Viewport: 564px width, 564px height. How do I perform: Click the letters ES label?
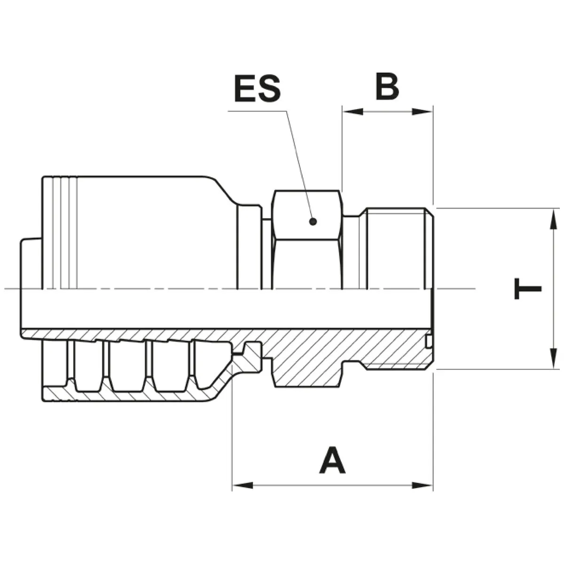click(257, 88)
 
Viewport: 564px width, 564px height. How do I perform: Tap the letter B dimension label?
click(387, 86)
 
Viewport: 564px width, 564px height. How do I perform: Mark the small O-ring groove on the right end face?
click(428, 342)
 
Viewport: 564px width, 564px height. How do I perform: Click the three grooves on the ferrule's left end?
click(64, 233)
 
